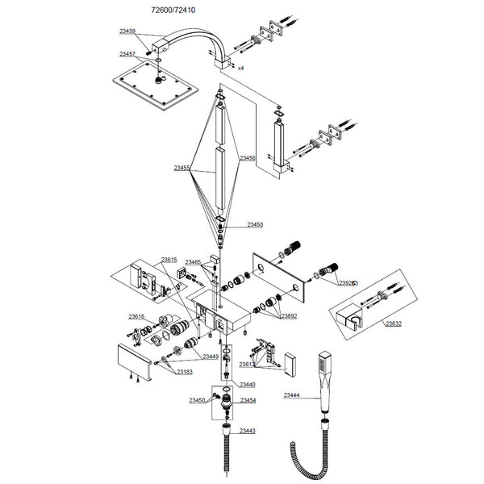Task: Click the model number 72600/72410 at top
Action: coord(173,10)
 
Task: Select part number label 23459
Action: coord(127,31)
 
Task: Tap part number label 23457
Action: coord(127,54)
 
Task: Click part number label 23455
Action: coord(181,169)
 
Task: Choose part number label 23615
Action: coord(169,260)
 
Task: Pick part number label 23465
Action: coord(193,262)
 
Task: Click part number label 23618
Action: coord(136,317)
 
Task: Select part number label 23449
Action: coord(211,356)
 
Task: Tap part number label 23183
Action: coord(185,372)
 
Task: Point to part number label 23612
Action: coord(247,365)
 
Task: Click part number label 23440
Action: coord(247,385)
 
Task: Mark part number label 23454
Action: coord(248,401)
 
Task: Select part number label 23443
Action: coord(247,432)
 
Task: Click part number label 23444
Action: coord(292,395)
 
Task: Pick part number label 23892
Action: coord(289,317)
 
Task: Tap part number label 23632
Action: coord(393,323)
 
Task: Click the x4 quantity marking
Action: coord(240,68)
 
